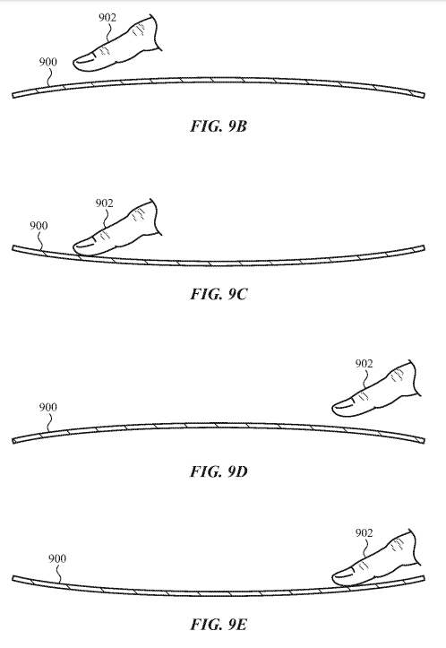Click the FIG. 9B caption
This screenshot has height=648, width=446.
219,126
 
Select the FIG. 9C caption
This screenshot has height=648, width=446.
219,294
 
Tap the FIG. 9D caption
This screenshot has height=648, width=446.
219,471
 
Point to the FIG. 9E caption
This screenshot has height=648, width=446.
219,624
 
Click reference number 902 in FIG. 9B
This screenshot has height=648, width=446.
107,17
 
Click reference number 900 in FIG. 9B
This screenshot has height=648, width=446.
47,62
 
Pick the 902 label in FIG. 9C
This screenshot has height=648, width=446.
104,203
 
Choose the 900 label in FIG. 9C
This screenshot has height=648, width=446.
39,226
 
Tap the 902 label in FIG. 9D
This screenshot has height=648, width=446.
364,364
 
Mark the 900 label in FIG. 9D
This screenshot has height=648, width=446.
47,407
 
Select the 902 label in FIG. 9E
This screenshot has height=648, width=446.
364,533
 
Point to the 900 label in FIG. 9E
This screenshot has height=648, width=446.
57,558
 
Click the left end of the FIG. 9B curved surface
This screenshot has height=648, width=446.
13,96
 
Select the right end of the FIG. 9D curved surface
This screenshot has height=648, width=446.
424,441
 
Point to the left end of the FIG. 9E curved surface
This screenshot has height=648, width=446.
13,578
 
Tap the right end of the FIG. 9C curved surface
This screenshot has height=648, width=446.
424,248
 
